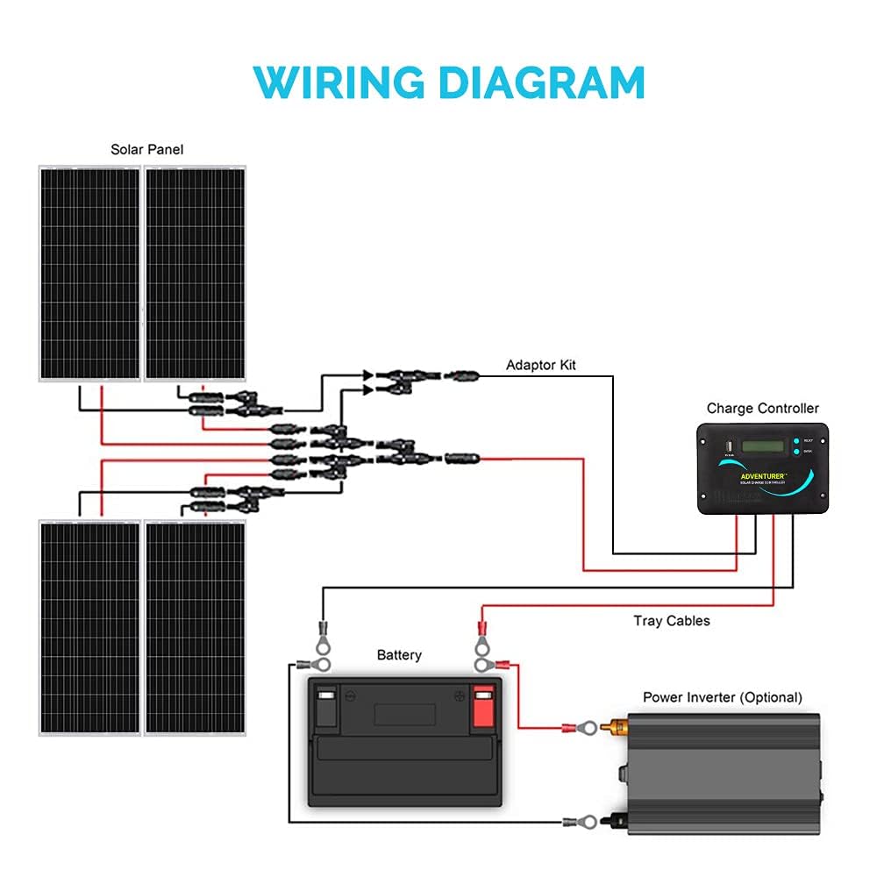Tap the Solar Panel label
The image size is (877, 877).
pos(146,150)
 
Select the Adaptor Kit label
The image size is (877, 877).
pos(541,365)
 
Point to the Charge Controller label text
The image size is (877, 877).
pos(762,409)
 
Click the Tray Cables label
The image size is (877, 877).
pos(671,621)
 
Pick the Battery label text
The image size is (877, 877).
pos(399,655)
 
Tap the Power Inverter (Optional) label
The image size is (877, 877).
pos(722,697)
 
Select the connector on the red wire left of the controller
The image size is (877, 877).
pos(461,458)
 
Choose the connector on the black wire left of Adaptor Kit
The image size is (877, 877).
pos(461,375)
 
